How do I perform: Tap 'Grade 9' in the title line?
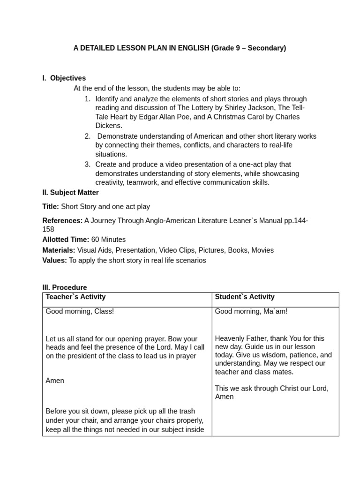click(x=228, y=48)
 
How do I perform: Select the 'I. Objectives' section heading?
click(x=64, y=78)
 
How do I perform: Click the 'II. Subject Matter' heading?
click(x=70, y=192)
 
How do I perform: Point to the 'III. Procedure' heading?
click(x=64, y=287)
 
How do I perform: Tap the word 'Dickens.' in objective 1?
click(x=109, y=126)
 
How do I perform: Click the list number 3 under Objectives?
click(x=88, y=164)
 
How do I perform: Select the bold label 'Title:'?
click(x=51, y=207)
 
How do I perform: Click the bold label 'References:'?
click(x=62, y=221)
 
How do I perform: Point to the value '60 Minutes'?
click(x=108, y=240)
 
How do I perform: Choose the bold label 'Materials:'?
click(x=59, y=250)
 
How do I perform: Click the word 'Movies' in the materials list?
click(x=262, y=250)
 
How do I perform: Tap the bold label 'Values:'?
click(x=54, y=261)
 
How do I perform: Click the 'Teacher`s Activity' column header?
click(x=75, y=297)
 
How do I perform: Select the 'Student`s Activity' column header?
click(x=245, y=297)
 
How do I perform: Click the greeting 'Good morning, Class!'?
click(x=80, y=311)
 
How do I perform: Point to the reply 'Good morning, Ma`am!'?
click(x=251, y=311)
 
